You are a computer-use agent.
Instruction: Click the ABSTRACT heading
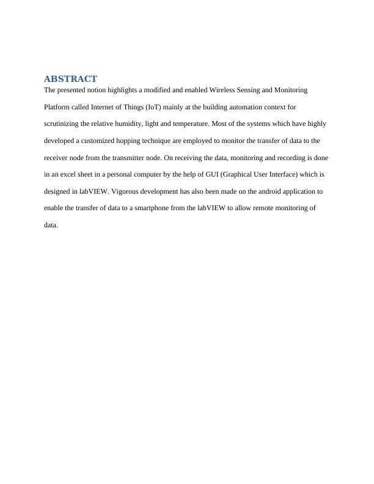[70, 79]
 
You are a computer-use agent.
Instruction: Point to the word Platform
[57, 107]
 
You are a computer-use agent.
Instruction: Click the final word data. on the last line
[51, 226]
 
